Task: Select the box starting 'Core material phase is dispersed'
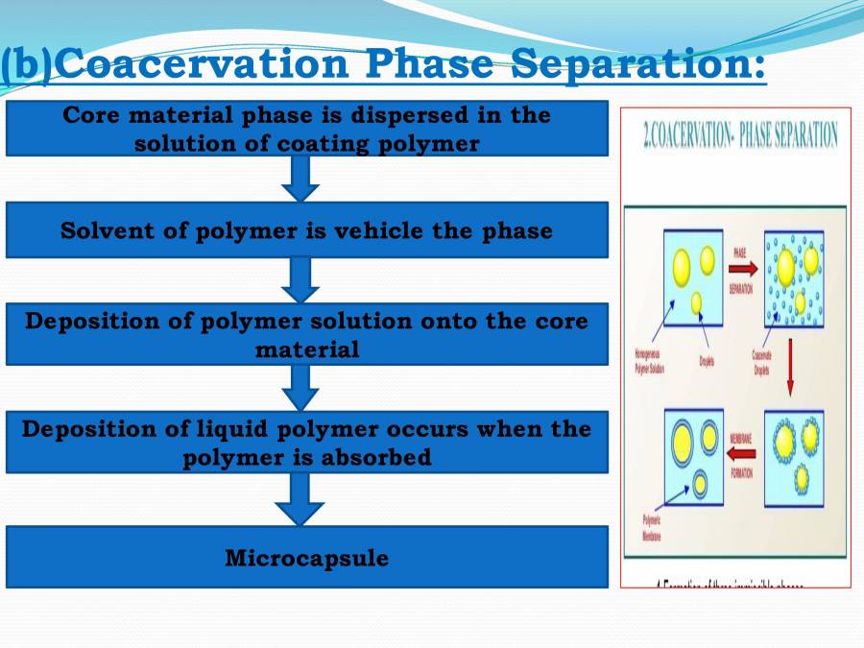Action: (x=306, y=129)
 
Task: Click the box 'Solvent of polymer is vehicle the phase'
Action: (x=306, y=230)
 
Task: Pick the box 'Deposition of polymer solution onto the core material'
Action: (x=306, y=334)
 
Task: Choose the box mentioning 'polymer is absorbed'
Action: (x=306, y=443)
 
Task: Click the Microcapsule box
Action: (x=306, y=557)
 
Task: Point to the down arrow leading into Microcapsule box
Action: (x=300, y=499)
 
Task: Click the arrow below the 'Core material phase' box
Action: (x=300, y=179)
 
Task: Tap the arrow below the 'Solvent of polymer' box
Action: (x=300, y=280)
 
